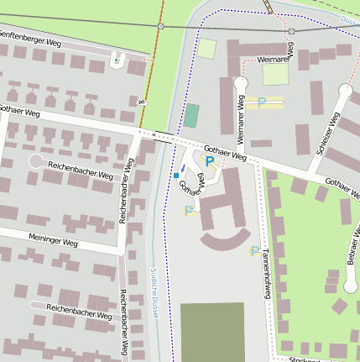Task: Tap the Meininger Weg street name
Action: click(x=52, y=241)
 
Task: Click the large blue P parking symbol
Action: click(x=209, y=160)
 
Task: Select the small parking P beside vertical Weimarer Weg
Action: click(x=262, y=102)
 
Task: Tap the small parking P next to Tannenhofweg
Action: click(x=253, y=250)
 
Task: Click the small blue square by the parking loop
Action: click(x=175, y=176)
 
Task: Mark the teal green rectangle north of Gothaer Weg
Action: click(x=192, y=116)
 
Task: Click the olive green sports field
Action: click(x=211, y=332)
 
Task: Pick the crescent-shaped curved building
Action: click(x=221, y=238)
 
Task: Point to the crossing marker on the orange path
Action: click(x=159, y=27)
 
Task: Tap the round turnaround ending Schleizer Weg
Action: click(x=346, y=89)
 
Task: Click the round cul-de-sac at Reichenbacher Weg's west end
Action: click(x=36, y=160)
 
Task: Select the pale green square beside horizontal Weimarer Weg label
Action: click(x=275, y=75)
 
